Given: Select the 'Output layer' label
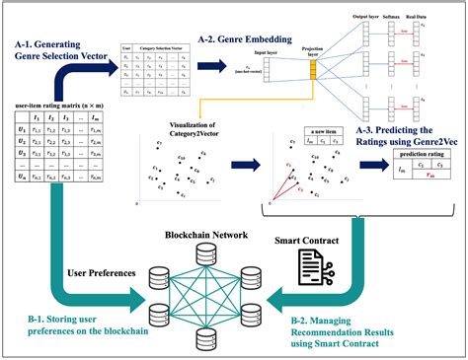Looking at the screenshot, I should click(x=367, y=17).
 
